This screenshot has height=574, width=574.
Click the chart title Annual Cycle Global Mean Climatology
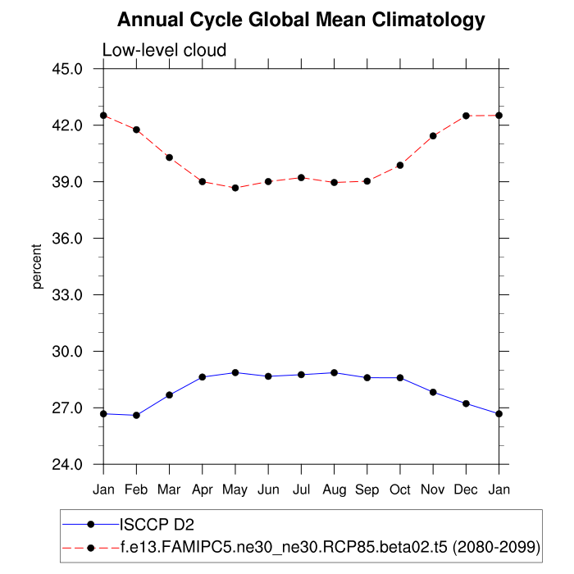coord(301,20)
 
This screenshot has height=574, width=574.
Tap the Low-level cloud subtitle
coord(164,51)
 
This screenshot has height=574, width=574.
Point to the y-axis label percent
coord(37,266)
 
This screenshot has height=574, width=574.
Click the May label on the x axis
coord(235,489)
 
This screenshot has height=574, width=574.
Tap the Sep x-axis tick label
coord(367,489)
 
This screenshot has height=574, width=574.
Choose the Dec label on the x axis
coord(467,489)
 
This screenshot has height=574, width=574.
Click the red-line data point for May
coord(235,188)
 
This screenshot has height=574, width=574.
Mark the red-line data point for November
coord(433,135)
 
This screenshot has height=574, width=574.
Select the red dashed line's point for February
coord(136,130)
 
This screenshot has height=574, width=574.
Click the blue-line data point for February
coord(136,415)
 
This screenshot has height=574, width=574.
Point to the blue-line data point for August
coord(335,372)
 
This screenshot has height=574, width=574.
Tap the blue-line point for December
coord(467,403)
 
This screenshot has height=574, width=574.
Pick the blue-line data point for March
coord(169,395)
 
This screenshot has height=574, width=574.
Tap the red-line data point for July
coord(301,177)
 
